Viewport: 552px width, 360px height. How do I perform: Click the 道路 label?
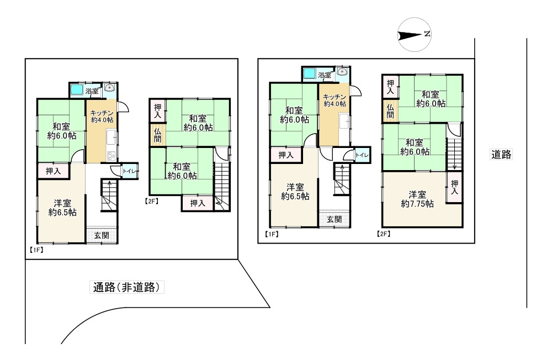point(501,154)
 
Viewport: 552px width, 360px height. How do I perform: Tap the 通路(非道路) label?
point(127,288)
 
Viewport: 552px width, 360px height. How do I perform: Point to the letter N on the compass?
point(427,34)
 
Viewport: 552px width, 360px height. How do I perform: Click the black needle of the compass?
point(410,35)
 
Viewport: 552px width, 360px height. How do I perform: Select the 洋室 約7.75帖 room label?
point(417,199)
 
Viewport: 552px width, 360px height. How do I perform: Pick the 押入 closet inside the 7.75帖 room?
point(454,187)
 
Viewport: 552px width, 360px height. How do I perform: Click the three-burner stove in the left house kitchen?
point(112,155)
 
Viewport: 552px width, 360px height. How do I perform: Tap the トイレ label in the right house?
point(362,155)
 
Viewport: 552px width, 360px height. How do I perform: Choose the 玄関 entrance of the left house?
point(102,235)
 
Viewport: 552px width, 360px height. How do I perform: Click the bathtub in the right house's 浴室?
point(310,73)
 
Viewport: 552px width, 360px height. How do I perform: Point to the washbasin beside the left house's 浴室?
point(109,87)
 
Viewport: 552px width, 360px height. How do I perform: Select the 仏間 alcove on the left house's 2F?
point(157,135)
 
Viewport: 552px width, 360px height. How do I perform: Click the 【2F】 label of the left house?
point(151,202)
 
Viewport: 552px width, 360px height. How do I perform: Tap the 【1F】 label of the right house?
point(272,234)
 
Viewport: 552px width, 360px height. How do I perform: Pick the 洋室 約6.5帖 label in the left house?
point(62,208)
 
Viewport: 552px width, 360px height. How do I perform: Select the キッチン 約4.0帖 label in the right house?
point(335,100)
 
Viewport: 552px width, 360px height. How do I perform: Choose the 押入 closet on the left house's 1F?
point(53,171)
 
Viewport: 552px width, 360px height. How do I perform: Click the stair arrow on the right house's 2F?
point(454,154)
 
